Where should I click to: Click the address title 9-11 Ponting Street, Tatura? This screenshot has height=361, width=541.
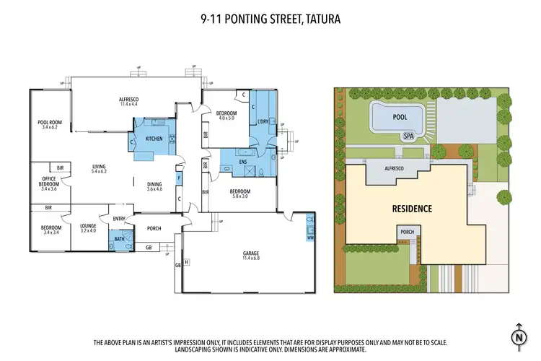pos(270,20)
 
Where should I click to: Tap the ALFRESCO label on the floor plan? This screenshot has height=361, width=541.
pos(128,98)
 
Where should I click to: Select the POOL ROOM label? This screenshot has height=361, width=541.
pos(50,123)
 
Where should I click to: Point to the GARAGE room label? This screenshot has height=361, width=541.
pos(250,253)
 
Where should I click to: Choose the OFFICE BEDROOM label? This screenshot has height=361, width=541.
pos(50,180)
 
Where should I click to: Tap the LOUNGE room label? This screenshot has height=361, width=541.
pos(88,226)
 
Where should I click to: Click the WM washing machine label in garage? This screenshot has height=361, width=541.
pos(309,238)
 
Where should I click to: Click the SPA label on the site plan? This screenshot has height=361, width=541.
pos(408,135)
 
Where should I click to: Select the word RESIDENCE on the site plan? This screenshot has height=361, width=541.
pos(412,209)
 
